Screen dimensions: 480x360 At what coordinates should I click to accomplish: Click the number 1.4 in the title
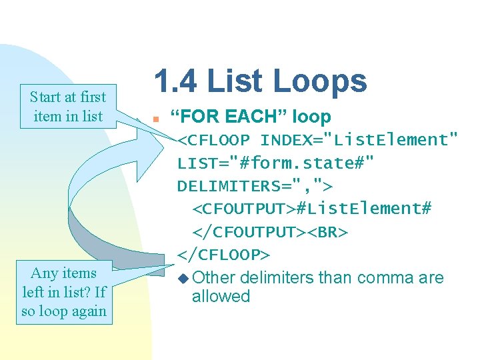[175, 81]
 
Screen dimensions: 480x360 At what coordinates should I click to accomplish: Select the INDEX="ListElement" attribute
[359, 141]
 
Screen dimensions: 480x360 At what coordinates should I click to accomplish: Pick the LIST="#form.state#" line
[275, 163]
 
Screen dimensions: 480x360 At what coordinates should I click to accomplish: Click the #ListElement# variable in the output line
[363, 209]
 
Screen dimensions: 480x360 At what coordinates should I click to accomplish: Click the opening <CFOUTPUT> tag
[244, 209]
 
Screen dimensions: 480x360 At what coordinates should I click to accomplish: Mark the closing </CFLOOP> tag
[224, 255]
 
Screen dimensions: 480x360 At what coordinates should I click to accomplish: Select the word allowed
[221, 297]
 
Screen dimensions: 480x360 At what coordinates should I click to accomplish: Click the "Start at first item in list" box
[68, 107]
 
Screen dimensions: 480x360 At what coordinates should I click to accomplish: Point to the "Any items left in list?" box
[64, 291]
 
